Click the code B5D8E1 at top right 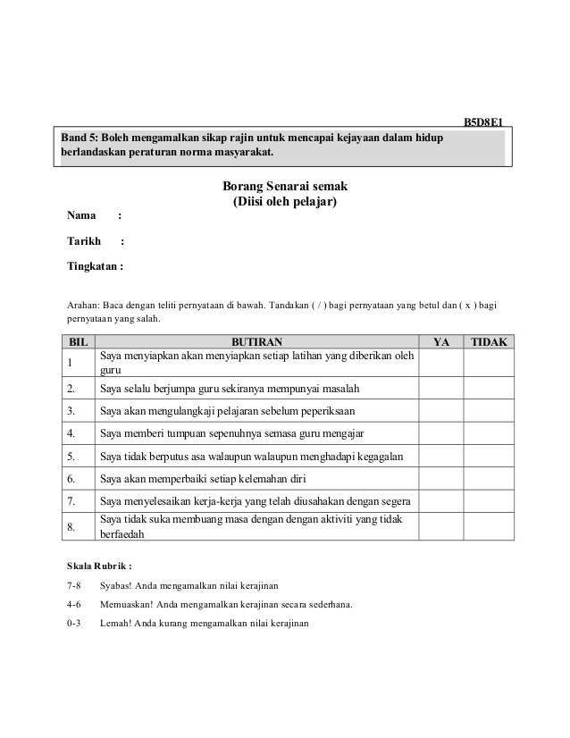coord(486,122)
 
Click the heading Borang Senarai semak coord(284,187)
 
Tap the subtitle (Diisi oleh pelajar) coord(284,203)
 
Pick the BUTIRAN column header coord(257,342)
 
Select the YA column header coord(441,342)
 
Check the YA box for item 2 coord(441,390)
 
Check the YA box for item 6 coord(441,479)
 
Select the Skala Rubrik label coord(99,565)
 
